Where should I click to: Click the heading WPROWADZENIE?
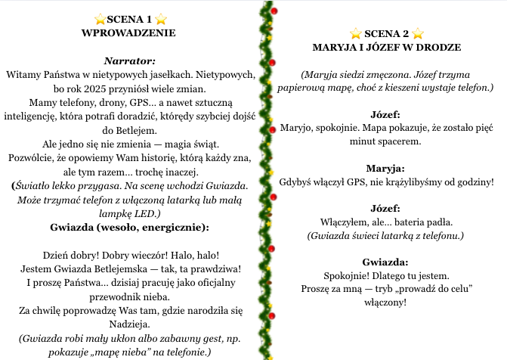(x=128, y=33)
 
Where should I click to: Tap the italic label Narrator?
(x=129, y=61)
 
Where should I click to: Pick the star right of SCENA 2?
(x=418, y=33)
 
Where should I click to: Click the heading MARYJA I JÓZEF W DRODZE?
(x=386, y=48)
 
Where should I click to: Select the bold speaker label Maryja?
(x=386, y=168)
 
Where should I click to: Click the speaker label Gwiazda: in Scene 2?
(x=386, y=262)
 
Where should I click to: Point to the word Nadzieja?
(x=129, y=324)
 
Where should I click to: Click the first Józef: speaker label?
(x=386, y=113)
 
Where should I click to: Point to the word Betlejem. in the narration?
(x=129, y=130)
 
